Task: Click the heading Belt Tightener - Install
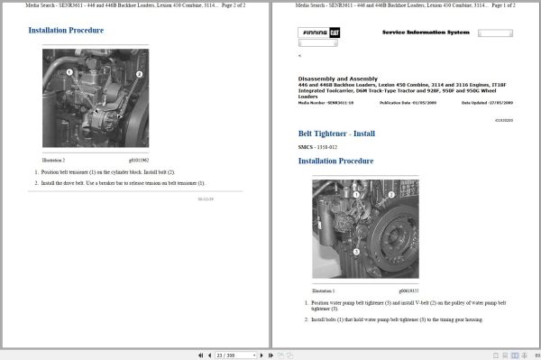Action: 336,134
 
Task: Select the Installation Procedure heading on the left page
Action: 66,30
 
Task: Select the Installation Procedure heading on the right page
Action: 335,162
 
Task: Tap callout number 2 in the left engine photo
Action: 138,74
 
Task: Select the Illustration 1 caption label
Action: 324,291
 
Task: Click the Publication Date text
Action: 406,103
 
